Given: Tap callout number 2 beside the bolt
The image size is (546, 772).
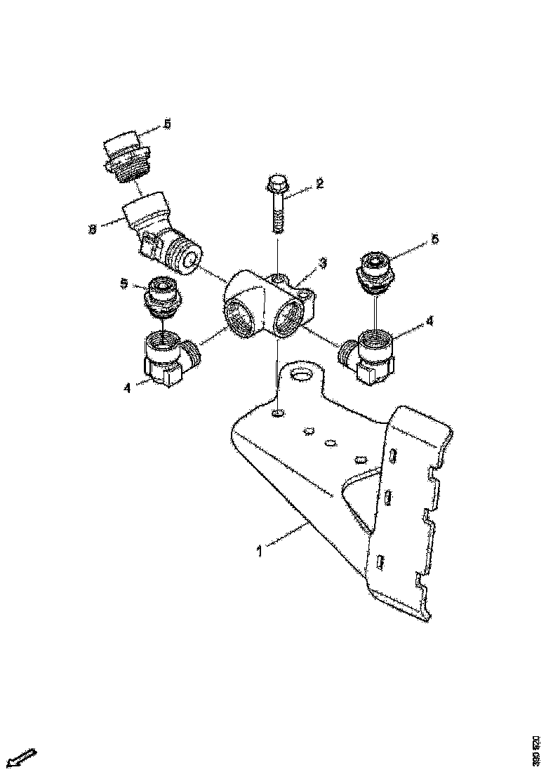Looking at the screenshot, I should (319, 184).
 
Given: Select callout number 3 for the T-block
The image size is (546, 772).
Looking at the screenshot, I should (322, 263).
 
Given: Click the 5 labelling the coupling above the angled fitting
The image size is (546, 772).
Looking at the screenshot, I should (167, 124).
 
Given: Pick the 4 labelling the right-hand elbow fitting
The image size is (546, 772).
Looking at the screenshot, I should (430, 321).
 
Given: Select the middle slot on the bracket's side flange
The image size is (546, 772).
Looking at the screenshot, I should (387, 497).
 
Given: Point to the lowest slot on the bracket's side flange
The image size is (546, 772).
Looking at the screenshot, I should (379, 561).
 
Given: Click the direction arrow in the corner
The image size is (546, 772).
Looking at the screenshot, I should (20, 757).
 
